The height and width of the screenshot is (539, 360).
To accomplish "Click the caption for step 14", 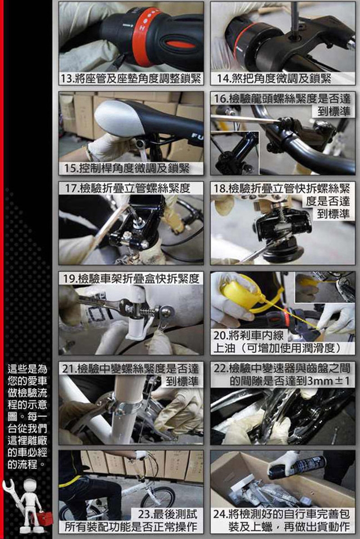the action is pyautogui.click(x=274, y=79).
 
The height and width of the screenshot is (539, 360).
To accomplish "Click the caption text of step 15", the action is pyautogui.click(x=127, y=168).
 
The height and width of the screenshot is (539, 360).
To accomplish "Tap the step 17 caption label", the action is pyautogui.click(x=127, y=188).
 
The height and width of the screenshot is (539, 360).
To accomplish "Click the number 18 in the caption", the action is pyautogui.click(x=219, y=189).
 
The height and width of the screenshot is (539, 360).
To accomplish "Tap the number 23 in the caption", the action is pyautogui.click(x=144, y=515).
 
